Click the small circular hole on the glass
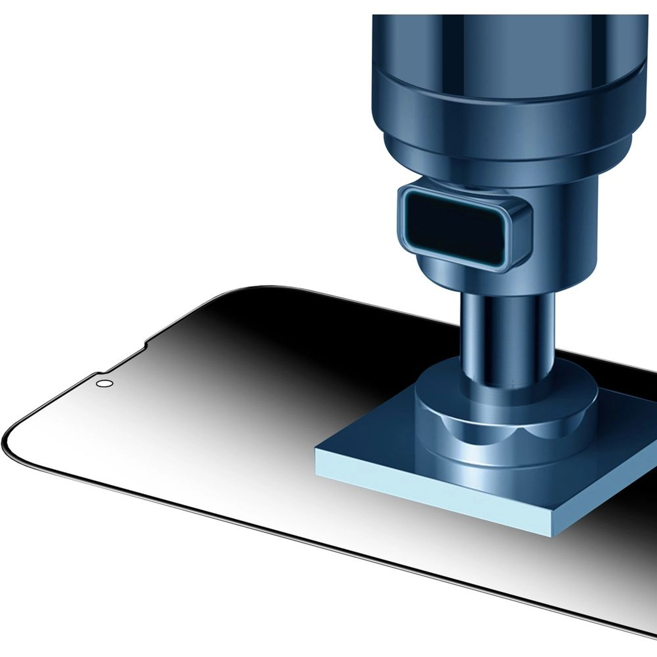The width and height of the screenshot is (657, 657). [x=104, y=383]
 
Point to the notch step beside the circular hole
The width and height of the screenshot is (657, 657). [x=97, y=374]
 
